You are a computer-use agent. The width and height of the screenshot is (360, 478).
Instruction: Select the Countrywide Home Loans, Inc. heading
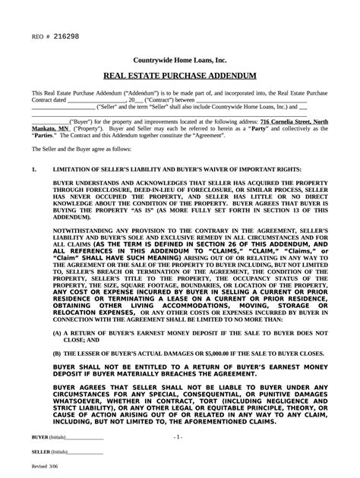tap(180, 59)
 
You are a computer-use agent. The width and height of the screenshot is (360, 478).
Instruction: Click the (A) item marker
tap(58, 332)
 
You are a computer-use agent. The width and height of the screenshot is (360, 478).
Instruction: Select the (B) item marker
tap(58, 353)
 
